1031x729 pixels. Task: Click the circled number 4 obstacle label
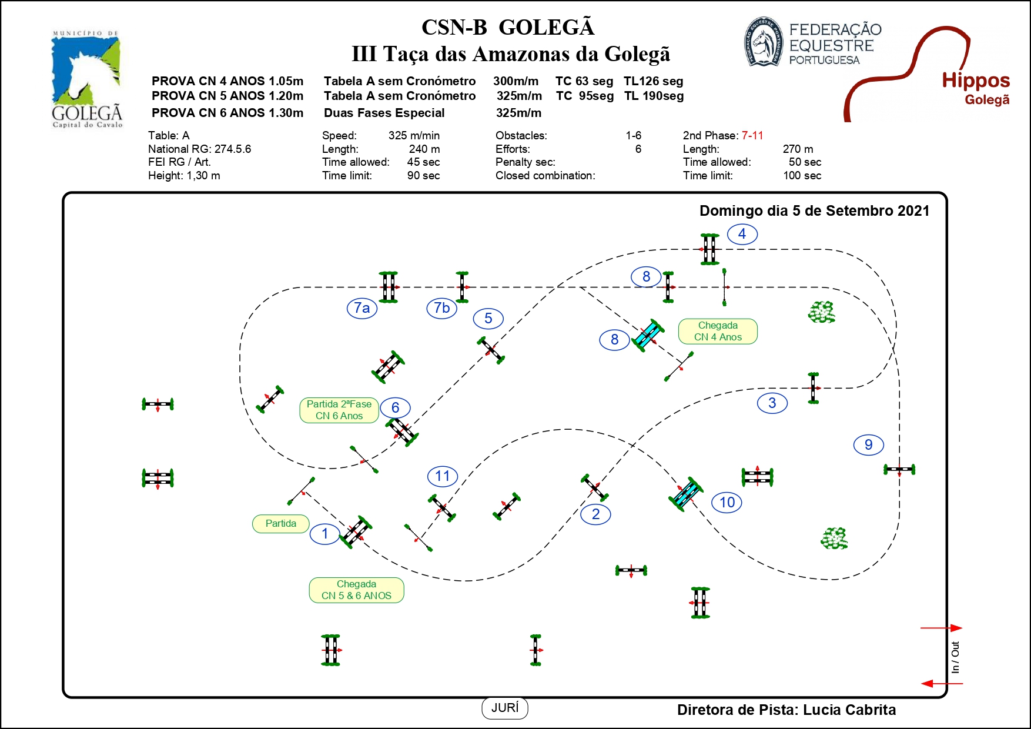(x=742, y=234)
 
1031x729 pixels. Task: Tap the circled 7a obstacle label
(x=362, y=308)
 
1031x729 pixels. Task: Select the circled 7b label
(x=442, y=308)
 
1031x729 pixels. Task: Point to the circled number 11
(x=443, y=476)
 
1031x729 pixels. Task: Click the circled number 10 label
(x=727, y=503)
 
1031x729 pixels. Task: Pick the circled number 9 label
(x=869, y=445)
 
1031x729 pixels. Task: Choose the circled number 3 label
(x=772, y=403)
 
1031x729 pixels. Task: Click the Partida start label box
(x=281, y=524)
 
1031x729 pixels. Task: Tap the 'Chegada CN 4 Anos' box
(x=718, y=332)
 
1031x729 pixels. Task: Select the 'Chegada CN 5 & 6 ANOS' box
(x=356, y=590)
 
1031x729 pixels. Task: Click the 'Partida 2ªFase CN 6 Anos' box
(x=339, y=410)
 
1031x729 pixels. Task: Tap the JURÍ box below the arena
(x=505, y=708)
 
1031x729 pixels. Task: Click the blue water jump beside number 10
(x=686, y=494)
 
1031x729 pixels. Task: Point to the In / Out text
(x=955, y=657)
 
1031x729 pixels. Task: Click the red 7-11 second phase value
(x=752, y=136)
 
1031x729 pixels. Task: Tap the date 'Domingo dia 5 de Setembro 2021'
(x=814, y=211)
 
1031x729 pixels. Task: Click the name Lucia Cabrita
(x=849, y=710)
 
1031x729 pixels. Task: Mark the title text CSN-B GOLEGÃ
(x=508, y=28)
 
